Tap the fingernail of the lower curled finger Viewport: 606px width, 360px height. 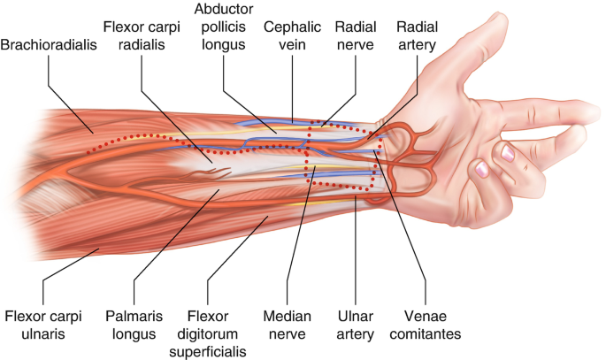click(x=480, y=167)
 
